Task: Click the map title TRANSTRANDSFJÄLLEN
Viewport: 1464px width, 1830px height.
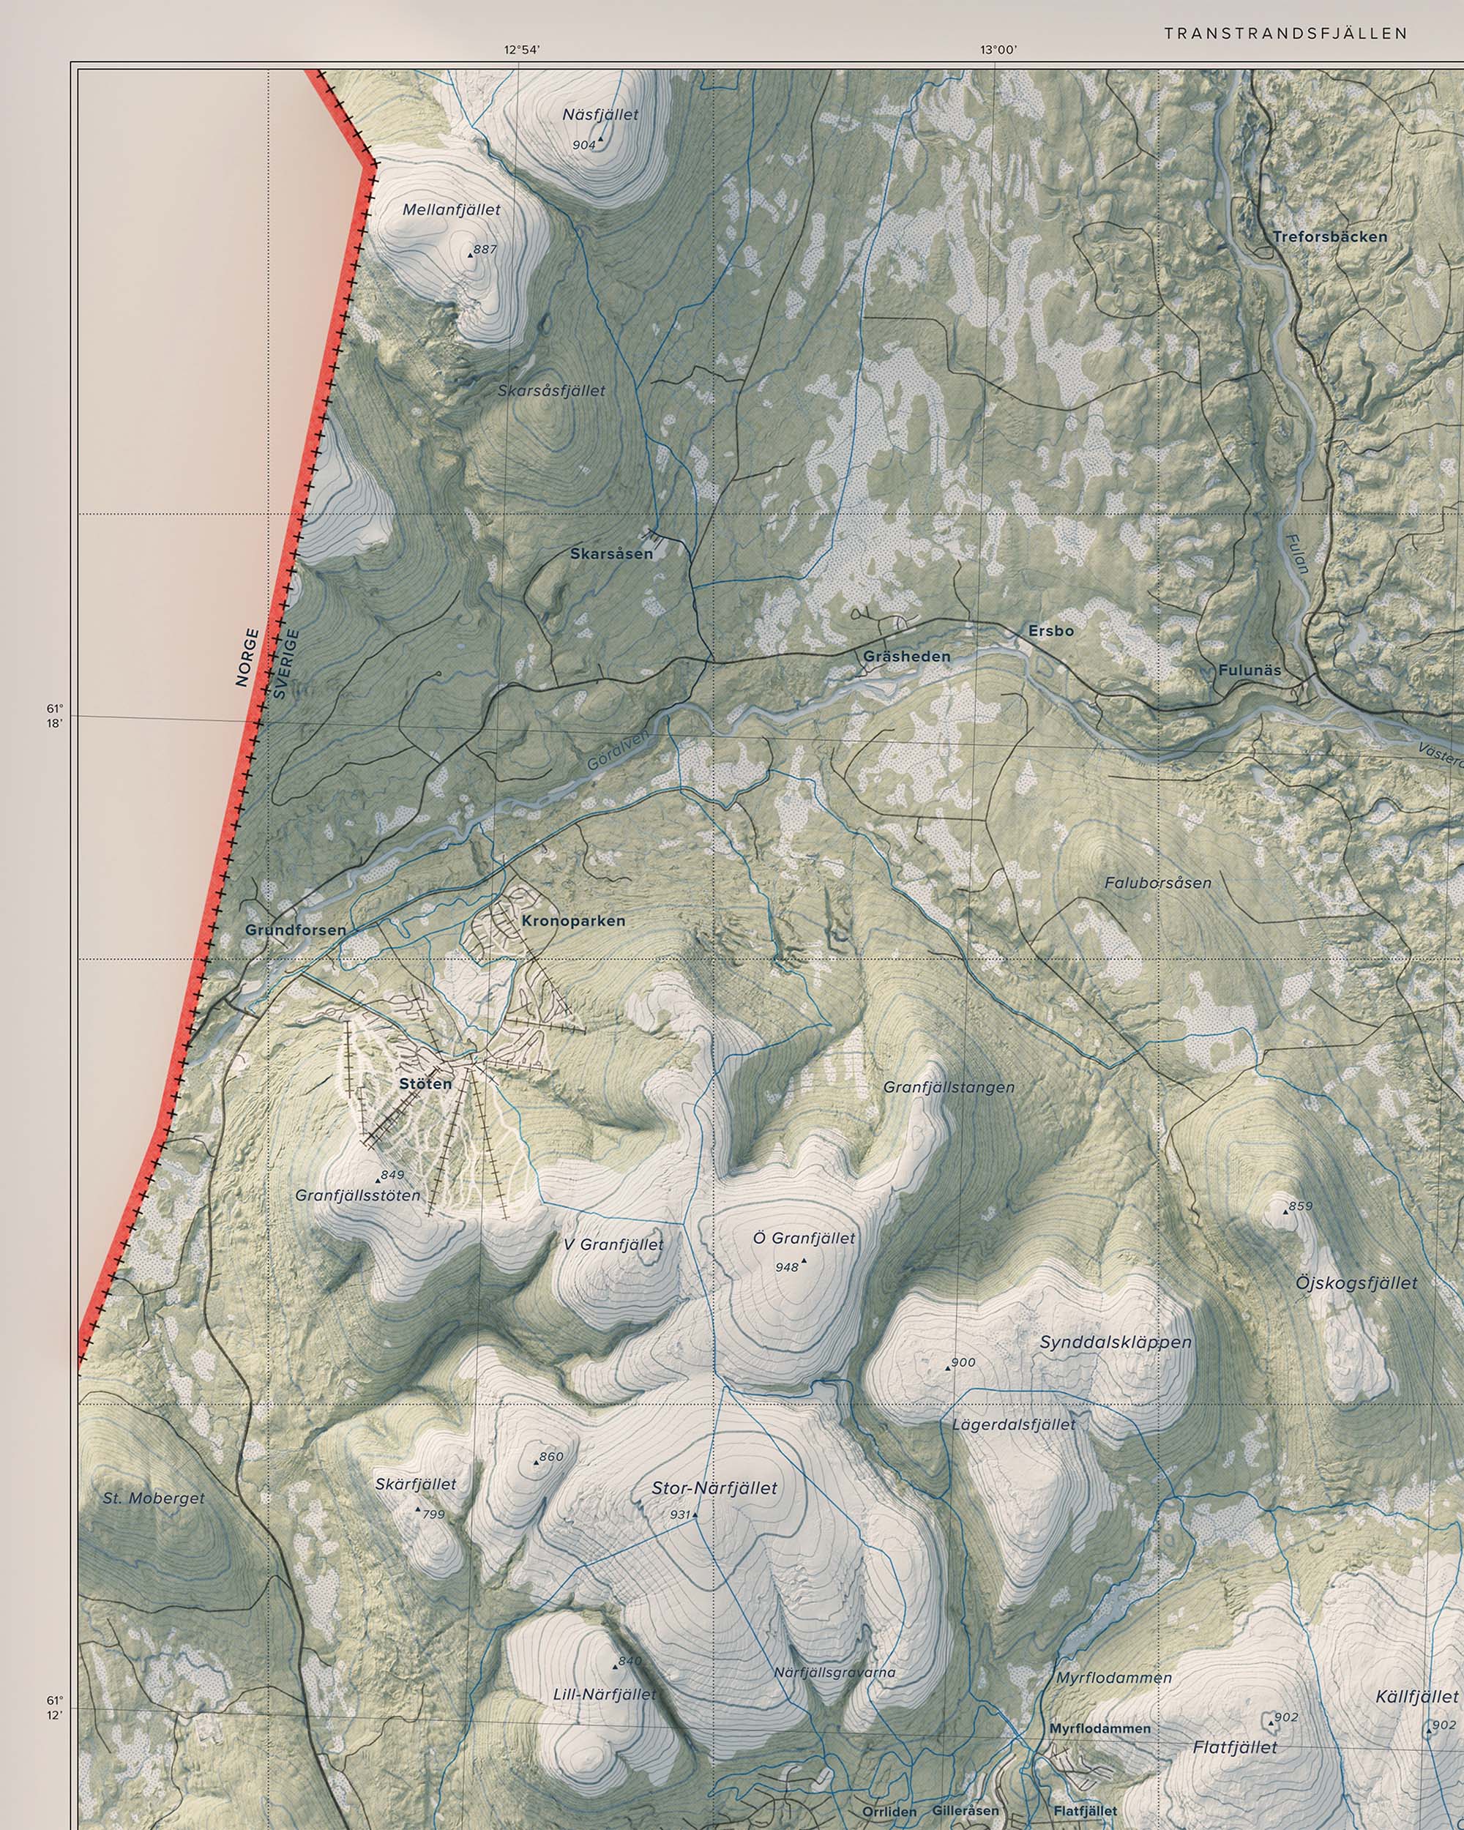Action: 1286,34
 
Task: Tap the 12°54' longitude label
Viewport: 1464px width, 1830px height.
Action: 522,49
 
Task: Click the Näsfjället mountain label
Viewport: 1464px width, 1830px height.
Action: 600,115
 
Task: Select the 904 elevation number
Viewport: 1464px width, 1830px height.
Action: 583,145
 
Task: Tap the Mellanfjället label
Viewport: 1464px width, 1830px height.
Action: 452,209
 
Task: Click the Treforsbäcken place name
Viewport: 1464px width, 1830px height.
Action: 1329,237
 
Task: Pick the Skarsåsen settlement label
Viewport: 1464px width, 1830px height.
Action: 611,554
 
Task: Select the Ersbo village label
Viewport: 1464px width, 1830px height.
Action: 1050,631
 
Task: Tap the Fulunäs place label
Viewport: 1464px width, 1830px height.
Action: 1250,670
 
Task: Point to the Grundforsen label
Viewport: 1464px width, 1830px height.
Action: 295,930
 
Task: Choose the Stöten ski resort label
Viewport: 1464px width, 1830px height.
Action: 425,1084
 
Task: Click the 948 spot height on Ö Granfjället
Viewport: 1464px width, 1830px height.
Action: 787,1267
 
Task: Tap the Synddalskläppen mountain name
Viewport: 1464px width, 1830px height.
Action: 1115,1342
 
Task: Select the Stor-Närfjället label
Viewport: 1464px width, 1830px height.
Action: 714,1488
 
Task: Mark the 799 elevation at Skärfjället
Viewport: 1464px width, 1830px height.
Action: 433,1515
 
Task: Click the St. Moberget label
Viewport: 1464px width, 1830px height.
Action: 154,1498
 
